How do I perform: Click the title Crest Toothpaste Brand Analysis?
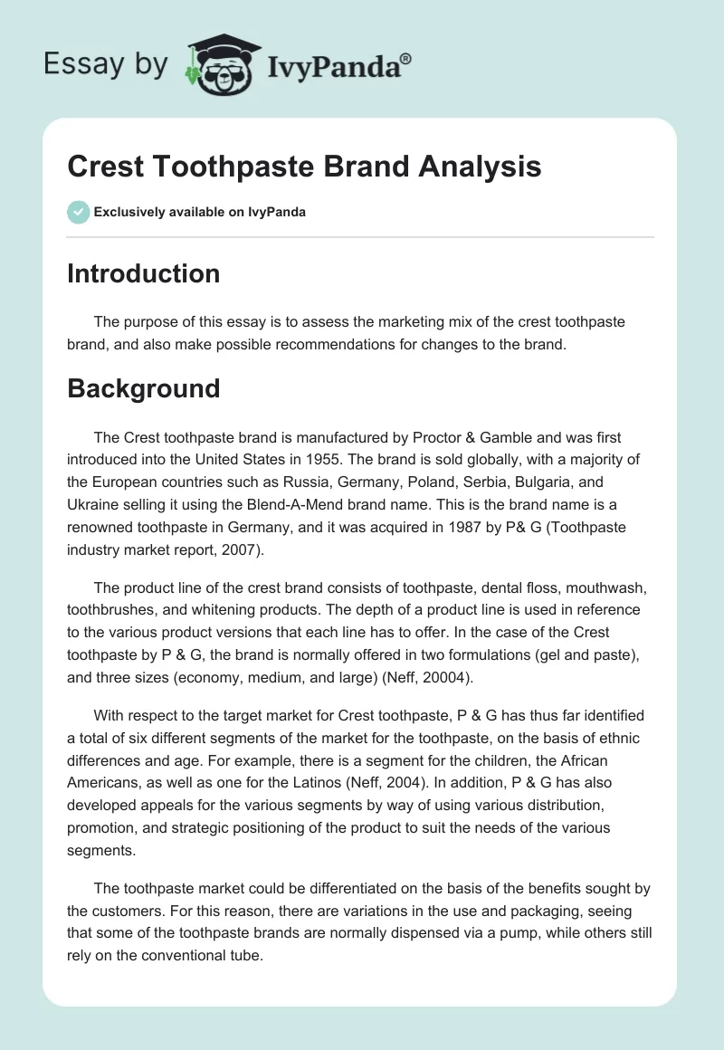(304, 167)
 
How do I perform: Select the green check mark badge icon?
(78, 212)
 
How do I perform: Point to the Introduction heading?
(143, 273)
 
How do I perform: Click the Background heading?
(143, 388)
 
